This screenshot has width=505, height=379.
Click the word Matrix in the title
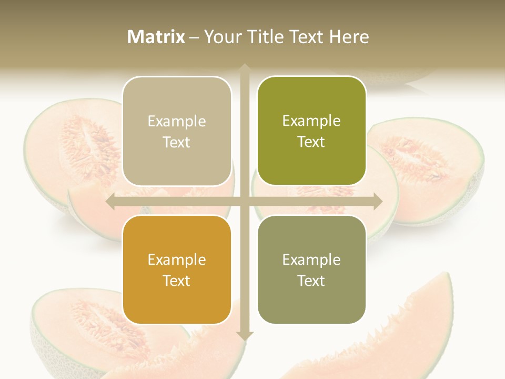(x=156, y=37)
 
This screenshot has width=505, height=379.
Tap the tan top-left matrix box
(x=177, y=132)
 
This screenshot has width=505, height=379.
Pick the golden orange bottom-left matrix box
(x=177, y=270)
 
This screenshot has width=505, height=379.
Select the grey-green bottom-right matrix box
(x=311, y=270)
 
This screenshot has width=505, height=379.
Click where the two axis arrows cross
(x=245, y=202)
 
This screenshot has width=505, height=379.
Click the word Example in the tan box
(x=177, y=122)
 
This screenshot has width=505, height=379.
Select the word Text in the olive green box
(x=311, y=142)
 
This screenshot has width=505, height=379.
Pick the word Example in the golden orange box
(x=177, y=260)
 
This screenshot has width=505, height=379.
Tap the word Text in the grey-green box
(x=311, y=281)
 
